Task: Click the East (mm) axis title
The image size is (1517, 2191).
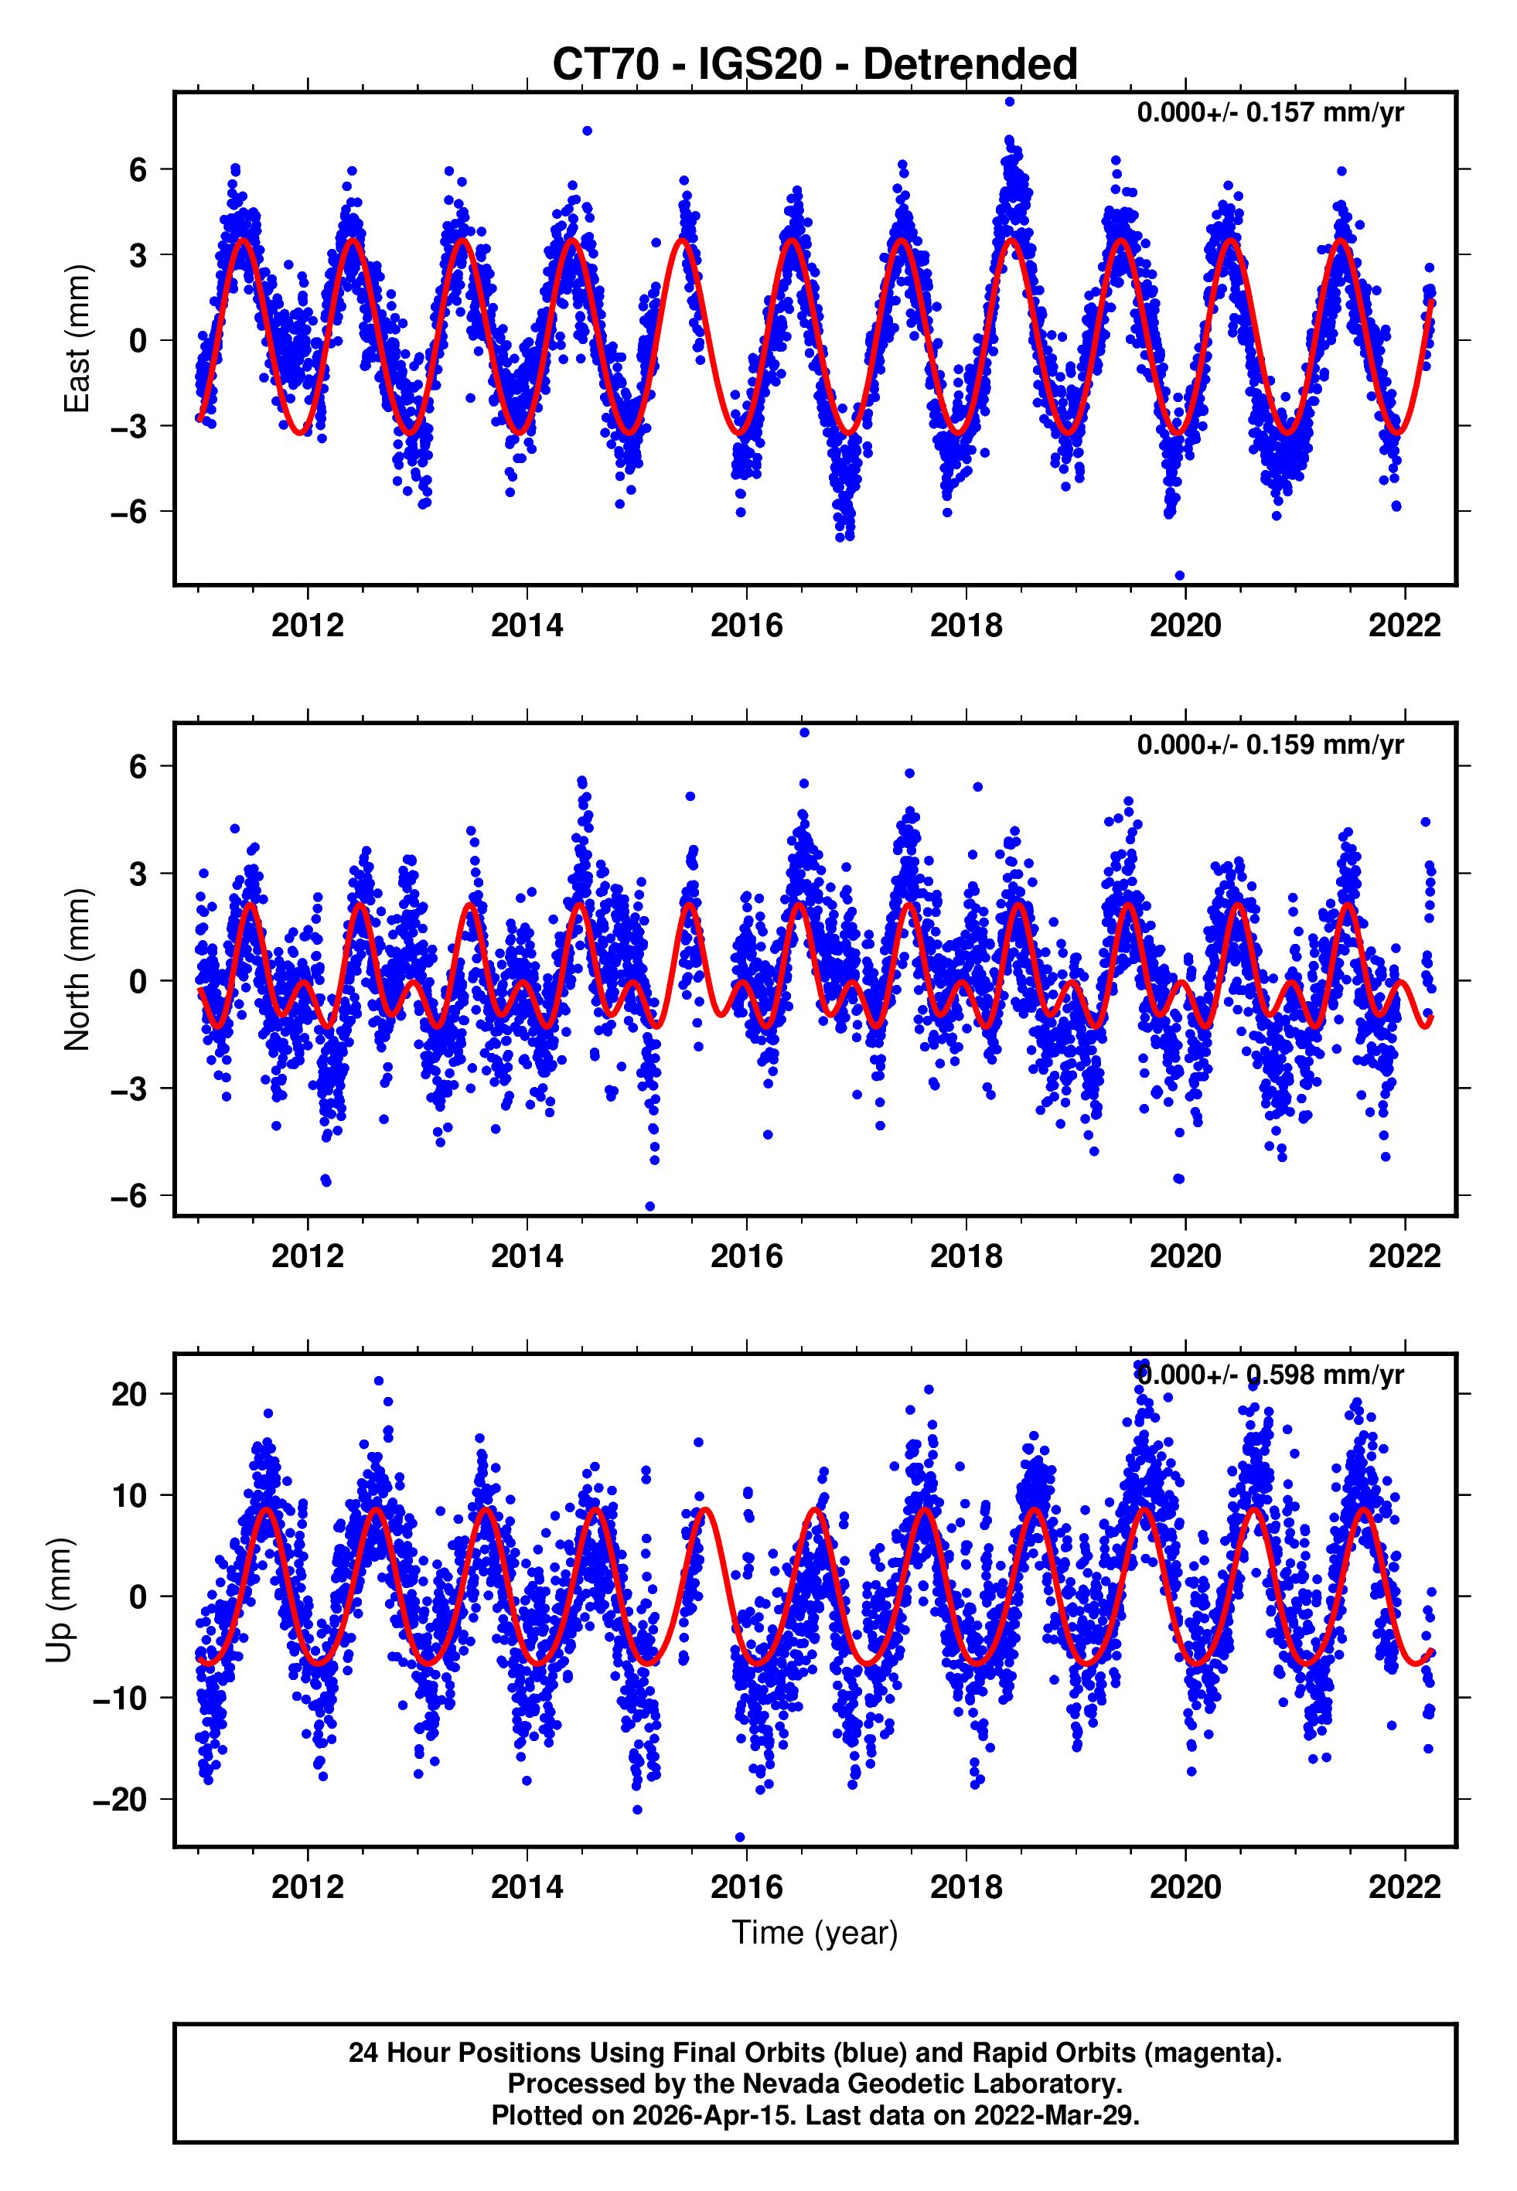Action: pos(76,339)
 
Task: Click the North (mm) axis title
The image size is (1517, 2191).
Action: pos(76,969)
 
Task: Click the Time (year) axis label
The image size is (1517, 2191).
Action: pos(815,1933)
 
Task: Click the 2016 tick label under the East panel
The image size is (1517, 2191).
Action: pos(746,625)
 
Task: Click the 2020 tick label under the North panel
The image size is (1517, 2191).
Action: pos(1185,1256)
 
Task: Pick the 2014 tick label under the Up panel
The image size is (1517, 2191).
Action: pos(527,1887)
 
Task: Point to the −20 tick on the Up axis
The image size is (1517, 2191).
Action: pos(120,1800)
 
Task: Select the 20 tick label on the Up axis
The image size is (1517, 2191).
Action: pos(129,1395)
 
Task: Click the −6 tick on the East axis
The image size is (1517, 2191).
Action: pos(128,512)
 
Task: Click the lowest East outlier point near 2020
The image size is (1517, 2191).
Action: pos(1180,576)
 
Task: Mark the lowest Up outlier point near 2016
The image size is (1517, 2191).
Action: pos(741,1838)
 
